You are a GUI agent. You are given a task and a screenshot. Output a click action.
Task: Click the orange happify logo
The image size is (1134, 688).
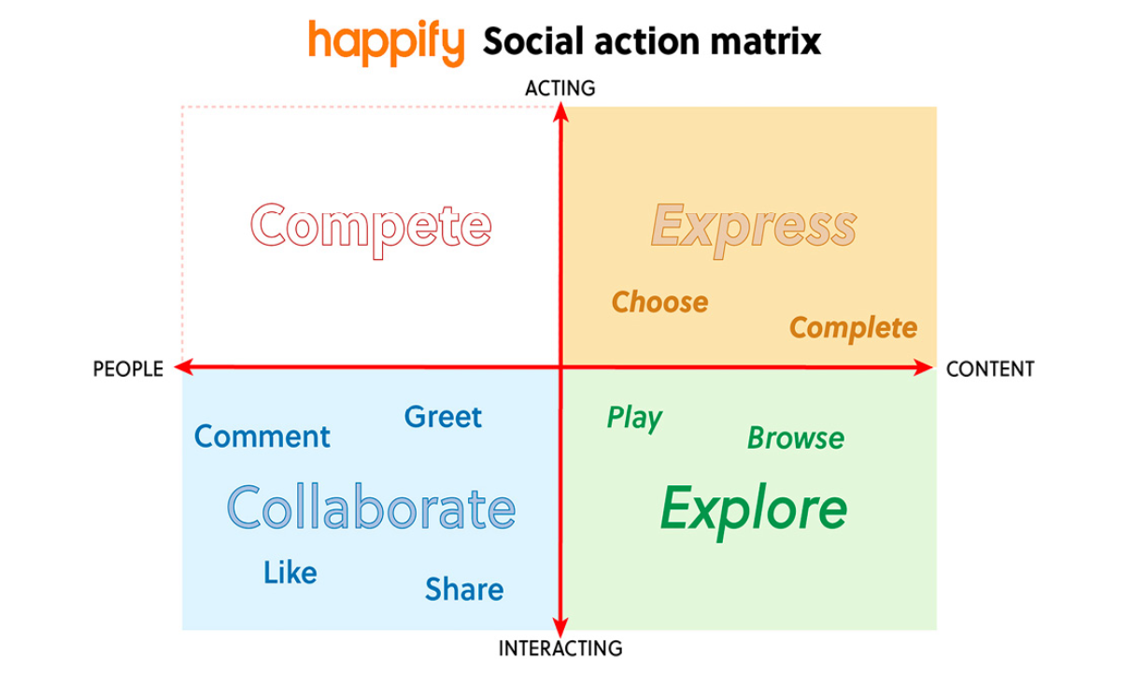(x=387, y=43)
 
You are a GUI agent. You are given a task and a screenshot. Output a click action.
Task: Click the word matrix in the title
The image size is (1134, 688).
(x=765, y=41)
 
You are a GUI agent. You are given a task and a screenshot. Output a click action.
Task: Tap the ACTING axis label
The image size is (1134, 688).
(x=560, y=88)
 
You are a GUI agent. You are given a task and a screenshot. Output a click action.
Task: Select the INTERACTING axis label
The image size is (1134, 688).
(x=560, y=649)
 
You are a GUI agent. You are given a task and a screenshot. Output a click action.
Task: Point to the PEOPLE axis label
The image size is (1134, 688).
(x=128, y=369)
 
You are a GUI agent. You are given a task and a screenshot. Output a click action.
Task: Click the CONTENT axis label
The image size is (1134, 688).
(x=990, y=369)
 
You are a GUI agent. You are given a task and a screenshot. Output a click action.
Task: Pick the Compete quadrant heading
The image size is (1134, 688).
(x=371, y=230)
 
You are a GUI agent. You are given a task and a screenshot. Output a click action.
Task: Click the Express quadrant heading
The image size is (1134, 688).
(x=754, y=230)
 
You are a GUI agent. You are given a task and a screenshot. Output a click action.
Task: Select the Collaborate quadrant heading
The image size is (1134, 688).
(x=371, y=508)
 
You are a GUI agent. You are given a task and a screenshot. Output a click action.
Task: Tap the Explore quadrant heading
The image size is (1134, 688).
(x=754, y=511)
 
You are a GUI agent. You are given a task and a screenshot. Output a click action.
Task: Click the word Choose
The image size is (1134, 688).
(x=659, y=302)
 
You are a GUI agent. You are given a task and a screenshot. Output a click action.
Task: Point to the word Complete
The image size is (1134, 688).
(x=854, y=329)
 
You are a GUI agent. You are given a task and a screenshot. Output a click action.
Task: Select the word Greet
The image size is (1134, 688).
(x=443, y=417)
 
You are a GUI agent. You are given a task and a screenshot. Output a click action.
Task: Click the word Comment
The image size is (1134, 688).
(x=262, y=437)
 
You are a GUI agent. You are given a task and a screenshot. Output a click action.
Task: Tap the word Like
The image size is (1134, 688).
(x=291, y=572)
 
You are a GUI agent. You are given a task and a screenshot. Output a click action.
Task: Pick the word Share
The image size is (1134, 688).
(x=464, y=589)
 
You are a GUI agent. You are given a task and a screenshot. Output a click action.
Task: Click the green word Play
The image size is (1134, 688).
(x=634, y=419)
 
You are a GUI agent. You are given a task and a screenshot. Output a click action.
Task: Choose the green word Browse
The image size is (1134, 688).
(x=796, y=437)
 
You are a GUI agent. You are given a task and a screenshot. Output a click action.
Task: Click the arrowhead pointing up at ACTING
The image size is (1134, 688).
(x=560, y=111)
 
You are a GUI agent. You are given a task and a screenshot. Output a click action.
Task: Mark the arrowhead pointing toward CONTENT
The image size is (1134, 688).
(x=923, y=367)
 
